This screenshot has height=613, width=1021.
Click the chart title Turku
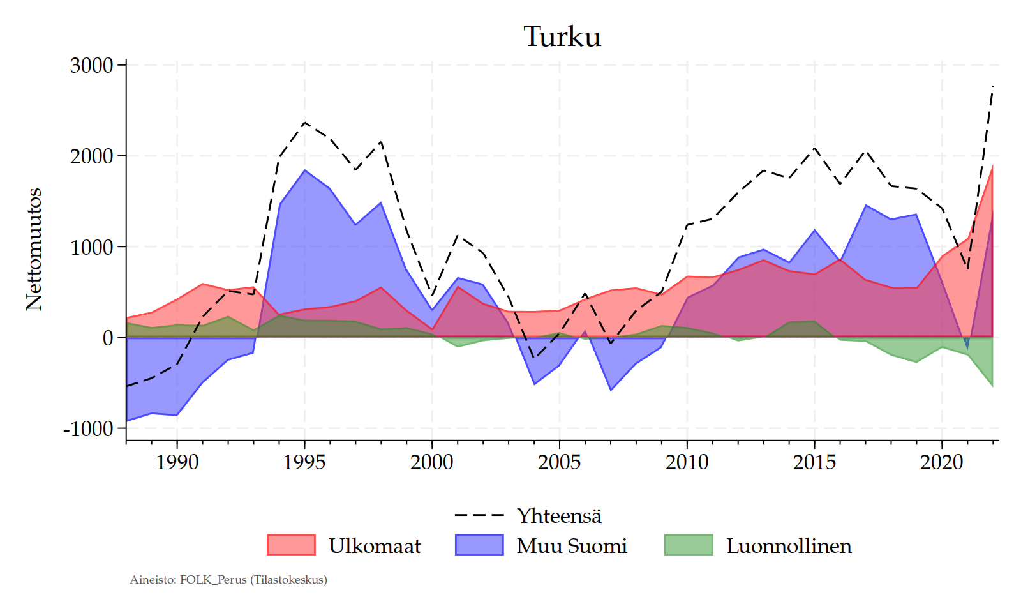(562, 36)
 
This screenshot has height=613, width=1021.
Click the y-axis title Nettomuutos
(34, 249)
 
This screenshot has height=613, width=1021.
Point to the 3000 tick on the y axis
(91, 65)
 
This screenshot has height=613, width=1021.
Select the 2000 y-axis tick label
(91, 156)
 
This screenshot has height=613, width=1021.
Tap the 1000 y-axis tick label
(91, 247)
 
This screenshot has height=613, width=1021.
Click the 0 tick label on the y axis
(108, 338)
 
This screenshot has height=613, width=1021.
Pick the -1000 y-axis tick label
(88, 429)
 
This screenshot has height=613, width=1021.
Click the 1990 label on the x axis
(177, 462)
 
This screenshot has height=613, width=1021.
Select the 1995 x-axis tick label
(304, 462)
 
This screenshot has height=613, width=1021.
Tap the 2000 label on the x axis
(432, 462)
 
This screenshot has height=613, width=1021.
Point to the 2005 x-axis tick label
(560, 462)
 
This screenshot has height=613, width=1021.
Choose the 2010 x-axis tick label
(687, 462)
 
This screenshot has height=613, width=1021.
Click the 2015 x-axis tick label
(814, 462)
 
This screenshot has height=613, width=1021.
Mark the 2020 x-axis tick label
(942, 462)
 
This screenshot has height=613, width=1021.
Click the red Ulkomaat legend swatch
(291, 545)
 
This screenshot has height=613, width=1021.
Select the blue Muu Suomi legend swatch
(479, 545)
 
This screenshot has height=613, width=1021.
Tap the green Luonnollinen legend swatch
(689, 545)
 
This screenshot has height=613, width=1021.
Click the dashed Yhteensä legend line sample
(479, 515)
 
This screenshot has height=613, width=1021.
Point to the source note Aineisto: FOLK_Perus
(228, 580)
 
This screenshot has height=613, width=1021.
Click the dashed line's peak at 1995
(304, 122)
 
